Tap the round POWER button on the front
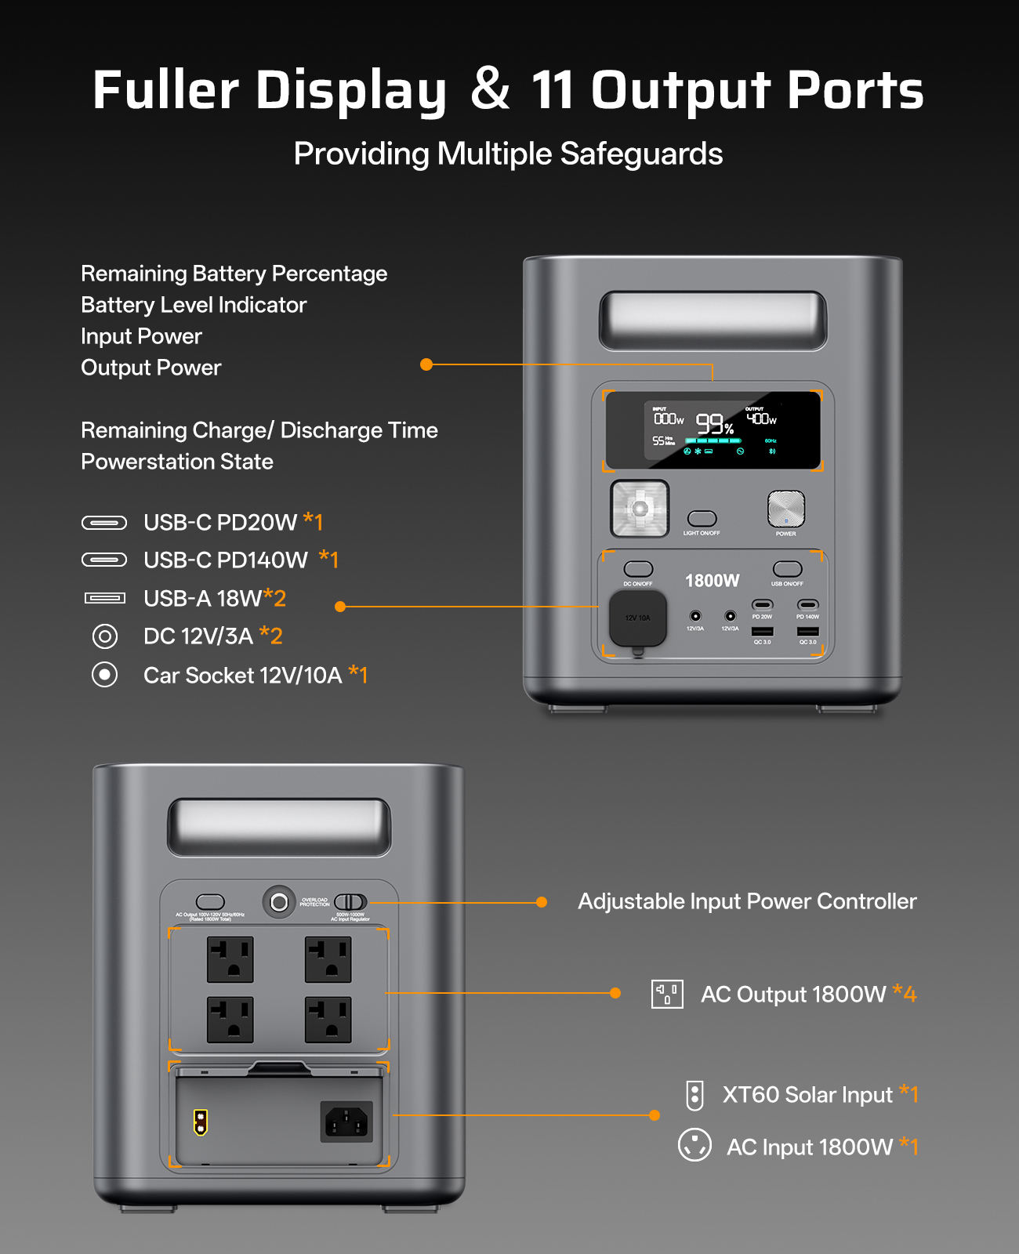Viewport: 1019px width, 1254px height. (786, 509)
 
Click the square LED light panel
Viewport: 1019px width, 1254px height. (640, 509)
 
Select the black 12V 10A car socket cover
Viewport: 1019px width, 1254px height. (638, 618)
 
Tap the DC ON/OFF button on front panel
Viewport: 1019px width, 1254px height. (638, 569)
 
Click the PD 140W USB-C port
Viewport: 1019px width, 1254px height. (807, 605)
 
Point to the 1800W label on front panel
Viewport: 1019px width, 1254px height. (712, 581)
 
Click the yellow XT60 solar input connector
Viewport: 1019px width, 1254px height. (201, 1122)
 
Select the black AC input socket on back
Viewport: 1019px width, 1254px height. (346, 1122)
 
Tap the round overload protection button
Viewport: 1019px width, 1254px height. (278, 903)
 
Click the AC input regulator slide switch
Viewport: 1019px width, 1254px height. (350, 902)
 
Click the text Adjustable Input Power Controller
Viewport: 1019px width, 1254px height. (747, 901)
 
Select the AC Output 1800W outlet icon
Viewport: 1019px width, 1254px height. (667, 994)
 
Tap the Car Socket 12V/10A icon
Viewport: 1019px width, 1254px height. (105, 675)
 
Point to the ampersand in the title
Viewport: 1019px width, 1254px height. (491, 89)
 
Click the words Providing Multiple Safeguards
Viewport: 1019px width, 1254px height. (508, 154)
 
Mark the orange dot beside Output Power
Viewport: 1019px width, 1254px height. (426, 364)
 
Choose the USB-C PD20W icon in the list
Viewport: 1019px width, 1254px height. (104, 523)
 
